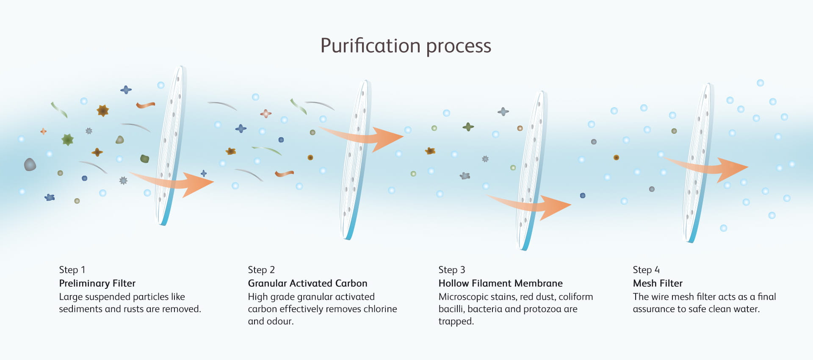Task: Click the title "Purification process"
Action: pos(406,46)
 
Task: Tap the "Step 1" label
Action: pos(72,270)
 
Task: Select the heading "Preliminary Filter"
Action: pos(97,283)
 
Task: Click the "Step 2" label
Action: pos(261,270)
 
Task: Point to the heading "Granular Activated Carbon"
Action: pos(307,283)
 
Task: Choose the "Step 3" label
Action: pos(451,270)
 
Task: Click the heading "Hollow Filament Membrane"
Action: pos(500,283)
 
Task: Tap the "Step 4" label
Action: pos(646,270)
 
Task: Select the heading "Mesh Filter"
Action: pos(657,283)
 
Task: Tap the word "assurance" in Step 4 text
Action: pos(653,309)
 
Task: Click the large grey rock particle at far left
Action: pos(30,164)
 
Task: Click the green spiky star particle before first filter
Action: pos(67,139)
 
